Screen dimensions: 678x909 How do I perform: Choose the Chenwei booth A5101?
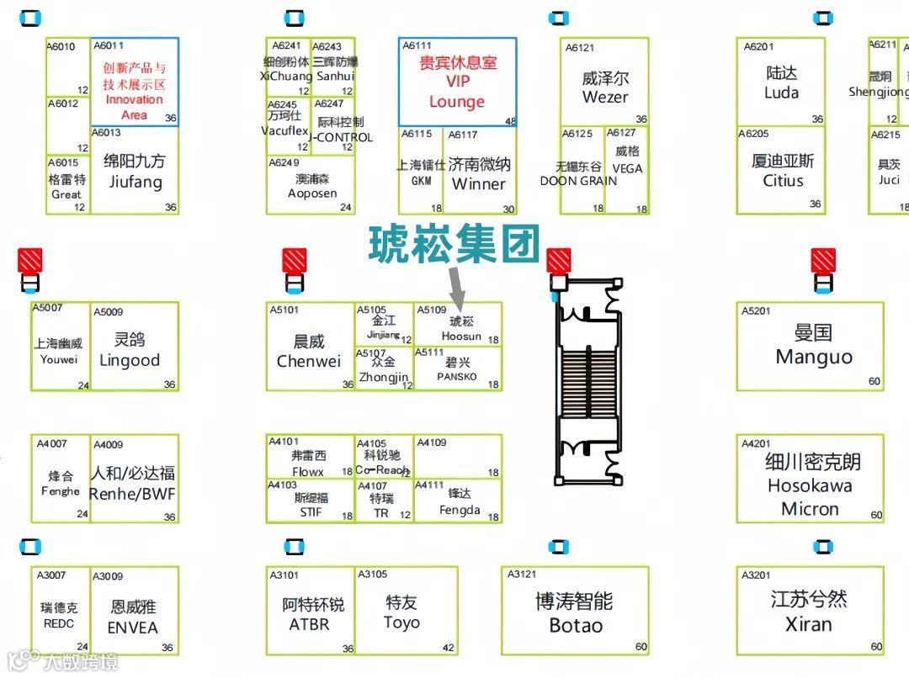(x=309, y=350)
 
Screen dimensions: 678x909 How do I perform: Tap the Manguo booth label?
(x=813, y=345)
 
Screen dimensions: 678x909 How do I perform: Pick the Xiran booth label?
(x=809, y=612)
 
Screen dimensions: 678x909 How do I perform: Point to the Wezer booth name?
(x=605, y=87)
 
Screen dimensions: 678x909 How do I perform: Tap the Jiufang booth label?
(x=135, y=171)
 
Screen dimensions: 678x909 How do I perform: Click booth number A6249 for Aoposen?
(x=284, y=162)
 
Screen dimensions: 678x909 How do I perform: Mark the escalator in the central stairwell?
(x=589, y=383)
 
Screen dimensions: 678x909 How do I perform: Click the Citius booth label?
(x=783, y=170)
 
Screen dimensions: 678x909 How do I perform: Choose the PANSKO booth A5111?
(x=457, y=368)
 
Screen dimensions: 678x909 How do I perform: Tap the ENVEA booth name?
(x=132, y=617)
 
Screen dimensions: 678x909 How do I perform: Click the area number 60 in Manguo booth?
(x=874, y=382)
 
